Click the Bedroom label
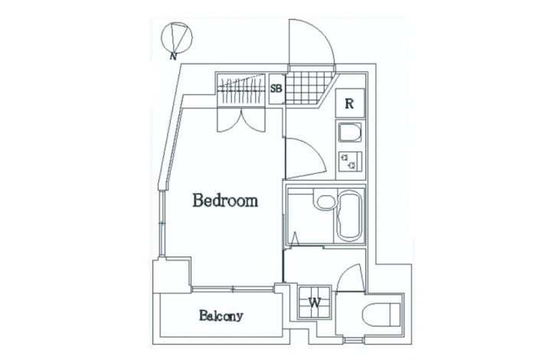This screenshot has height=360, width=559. [225, 201]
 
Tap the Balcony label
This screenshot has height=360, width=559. [221, 316]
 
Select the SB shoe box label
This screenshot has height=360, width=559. [276, 88]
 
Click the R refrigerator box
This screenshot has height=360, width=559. [350, 103]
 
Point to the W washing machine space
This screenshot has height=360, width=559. [314, 303]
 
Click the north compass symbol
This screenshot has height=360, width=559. [176, 38]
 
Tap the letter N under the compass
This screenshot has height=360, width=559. [173, 57]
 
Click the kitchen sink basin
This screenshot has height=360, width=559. [350, 133]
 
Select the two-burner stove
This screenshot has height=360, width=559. [350, 161]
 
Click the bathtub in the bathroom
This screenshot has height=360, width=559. [350, 217]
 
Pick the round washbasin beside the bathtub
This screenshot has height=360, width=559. [325, 201]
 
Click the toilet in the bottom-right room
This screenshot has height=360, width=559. [381, 315]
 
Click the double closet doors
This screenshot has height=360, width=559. [241, 120]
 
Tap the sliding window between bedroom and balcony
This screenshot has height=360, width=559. [233, 289]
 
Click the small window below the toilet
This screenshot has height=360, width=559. [354, 340]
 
